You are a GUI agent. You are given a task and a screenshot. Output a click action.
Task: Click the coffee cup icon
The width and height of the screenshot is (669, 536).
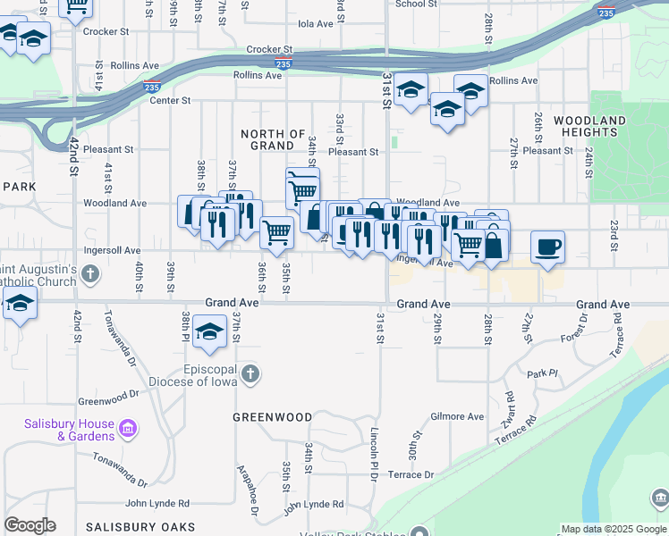tap(547, 247)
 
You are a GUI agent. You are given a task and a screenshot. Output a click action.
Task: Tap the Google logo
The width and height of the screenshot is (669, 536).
tap(30, 525)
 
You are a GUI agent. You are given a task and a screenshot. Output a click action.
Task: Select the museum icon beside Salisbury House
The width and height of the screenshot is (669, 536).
tap(128, 430)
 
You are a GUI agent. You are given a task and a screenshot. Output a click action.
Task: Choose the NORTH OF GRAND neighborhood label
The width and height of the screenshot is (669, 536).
tap(274, 139)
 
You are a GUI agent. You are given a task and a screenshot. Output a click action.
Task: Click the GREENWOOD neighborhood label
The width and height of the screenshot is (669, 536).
tap(272, 417)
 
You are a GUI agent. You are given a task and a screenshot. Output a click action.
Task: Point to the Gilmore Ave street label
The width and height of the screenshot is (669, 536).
tap(456, 416)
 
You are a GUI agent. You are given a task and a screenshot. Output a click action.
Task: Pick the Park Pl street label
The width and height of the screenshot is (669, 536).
tap(542, 373)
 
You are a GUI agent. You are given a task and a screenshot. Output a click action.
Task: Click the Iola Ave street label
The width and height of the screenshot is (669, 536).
tap(315, 24)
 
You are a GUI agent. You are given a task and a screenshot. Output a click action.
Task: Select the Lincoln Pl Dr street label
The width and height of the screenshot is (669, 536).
tap(374, 454)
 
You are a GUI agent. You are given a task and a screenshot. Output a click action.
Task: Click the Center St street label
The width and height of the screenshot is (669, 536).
tap(170, 101)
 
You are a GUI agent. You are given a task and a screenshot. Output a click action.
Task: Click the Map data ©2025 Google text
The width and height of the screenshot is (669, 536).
tap(612, 529)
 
